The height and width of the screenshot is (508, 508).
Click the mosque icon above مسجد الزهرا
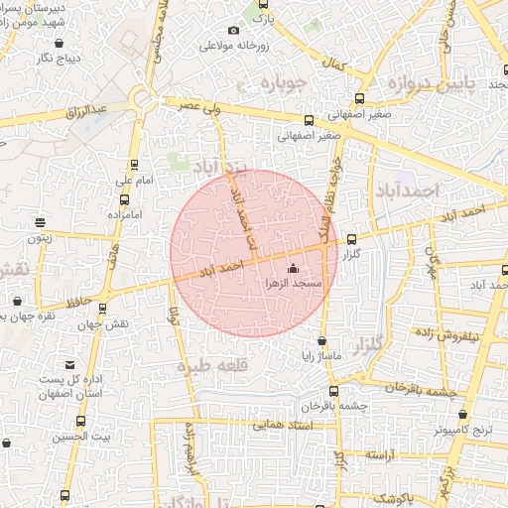pyautogui.click(x=292, y=269)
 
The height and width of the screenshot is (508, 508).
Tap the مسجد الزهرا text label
pyautogui.click(x=292, y=284)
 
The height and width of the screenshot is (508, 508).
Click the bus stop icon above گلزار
pyautogui.click(x=352, y=239)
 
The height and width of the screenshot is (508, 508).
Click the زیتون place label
pyautogui.click(x=39, y=238)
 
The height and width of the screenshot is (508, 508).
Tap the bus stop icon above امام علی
pyautogui.click(x=134, y=166)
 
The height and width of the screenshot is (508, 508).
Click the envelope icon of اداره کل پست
pyautogui.click(x=69, y=364)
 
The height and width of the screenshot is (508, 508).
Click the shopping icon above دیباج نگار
pyautogui.click(x=60, y=43)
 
